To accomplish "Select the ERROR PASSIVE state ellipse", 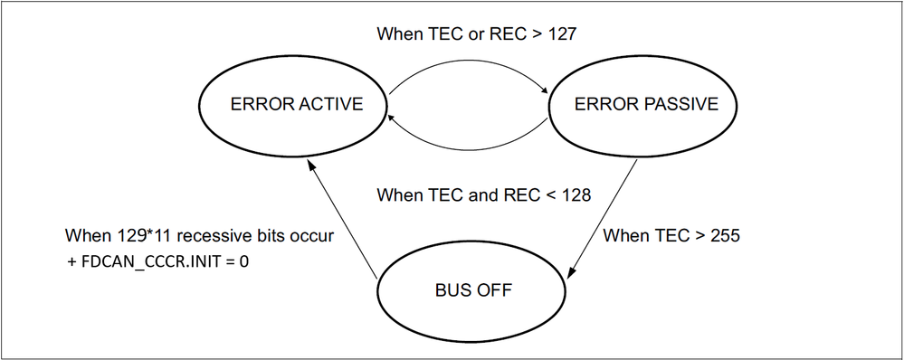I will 646,105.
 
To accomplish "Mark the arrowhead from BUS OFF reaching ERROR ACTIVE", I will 310,160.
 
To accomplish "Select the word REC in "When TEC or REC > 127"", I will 503,35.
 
